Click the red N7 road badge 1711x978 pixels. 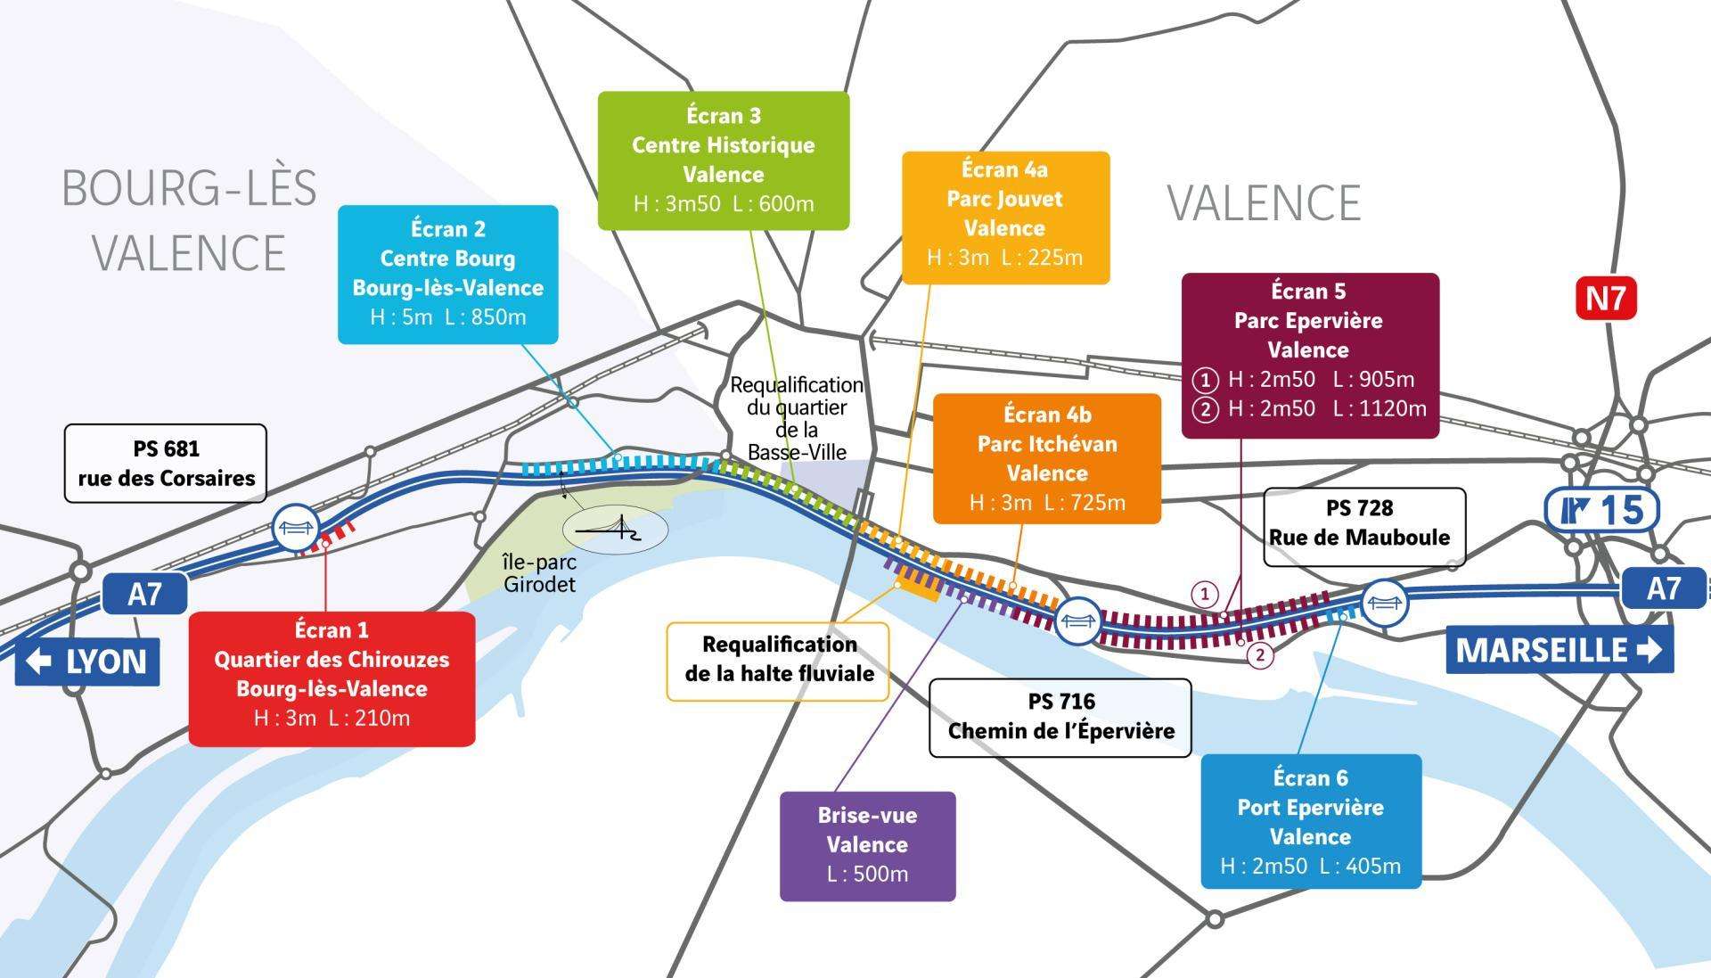click(x=1606, y=299)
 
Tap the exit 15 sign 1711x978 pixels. click(x=1601, y=511)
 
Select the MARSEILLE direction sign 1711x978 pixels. click(x=1559, y=650)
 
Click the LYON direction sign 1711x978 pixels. click(x=87, y=662)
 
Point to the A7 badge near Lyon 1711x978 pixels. click(x=144, y=594)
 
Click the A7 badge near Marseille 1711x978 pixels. click(x=1662, y=588)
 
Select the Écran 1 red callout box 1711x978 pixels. click(x=332, y=678)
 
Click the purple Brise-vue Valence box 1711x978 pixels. click(x=867, y=845)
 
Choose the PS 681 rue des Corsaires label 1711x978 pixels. click(x=166, y=464)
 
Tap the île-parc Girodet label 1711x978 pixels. click(x=539, y=574)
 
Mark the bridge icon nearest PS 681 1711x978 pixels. click(x=296, y=529)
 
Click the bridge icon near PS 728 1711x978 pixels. click(x=1384, y=603)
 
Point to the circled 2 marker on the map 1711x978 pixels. click(x=1259, y=656)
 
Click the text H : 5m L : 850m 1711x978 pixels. click(x=447, y=317)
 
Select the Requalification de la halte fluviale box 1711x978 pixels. click(x=778, y=660)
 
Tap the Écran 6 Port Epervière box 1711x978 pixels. click(x=1310, y=820)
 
